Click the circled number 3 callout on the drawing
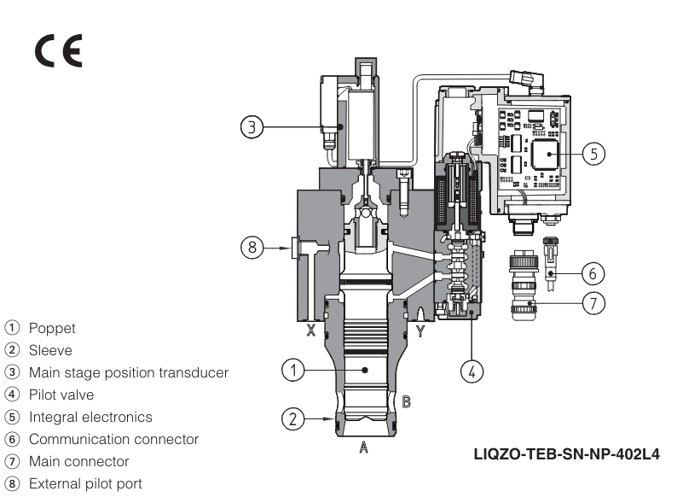[x=251, y=127]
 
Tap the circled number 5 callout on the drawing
[x=594, y=153]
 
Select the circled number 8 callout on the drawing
[x=251, y=248]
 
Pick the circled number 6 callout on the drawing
[x=593, y=273]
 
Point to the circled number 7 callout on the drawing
[x=593, y=303]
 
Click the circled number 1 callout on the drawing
[x=292, y=370]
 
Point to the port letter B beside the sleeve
[x=407, y=401]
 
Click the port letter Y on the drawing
[x=420, y=330]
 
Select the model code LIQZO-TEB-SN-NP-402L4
[x=567, y=453]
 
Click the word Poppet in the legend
[x=52, y=328]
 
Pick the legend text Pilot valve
[x=61, y=395]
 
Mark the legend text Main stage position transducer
[x=128, y=372]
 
